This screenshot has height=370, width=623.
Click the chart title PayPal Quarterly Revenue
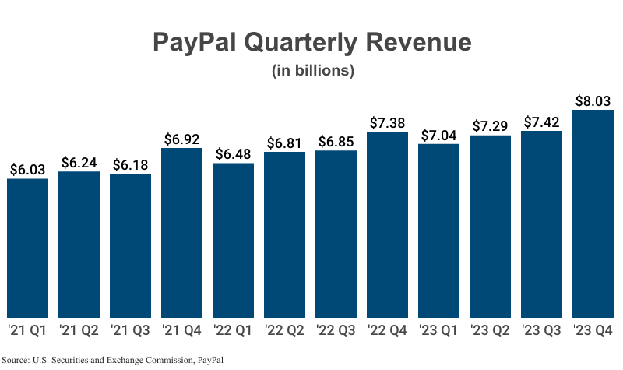pyautogui.click(x=311, y=42)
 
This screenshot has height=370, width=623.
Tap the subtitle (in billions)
pyautogui.click(x=313, y=71)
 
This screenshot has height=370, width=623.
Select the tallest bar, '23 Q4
pyautogui.click(x=593, y=213)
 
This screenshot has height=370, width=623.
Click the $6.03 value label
pyautogui.click(x=27, y=169)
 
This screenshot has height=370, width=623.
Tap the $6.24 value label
pyautogui.click(x=79, y=162)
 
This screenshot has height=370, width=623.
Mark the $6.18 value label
pyautogui.click(x=130, y=164)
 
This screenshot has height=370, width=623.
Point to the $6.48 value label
pyautogui.click(x=233, y=153)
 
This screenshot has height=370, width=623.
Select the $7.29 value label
pyautogui.click(x=490, y=125)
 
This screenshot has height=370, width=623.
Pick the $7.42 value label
pyautogui.click(x=541, y=122)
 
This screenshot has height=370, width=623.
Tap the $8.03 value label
pyautogui.click(x=593, y=100)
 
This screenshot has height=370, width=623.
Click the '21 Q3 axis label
pyautogui.click(x=130, y=330)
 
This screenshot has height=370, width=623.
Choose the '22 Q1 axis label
pyautogui.click(x=233, y=330)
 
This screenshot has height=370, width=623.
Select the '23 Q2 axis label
pyautogui.click(x=490, y=330)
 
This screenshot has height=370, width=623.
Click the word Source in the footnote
pyautogui.click(x=16, y=360)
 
